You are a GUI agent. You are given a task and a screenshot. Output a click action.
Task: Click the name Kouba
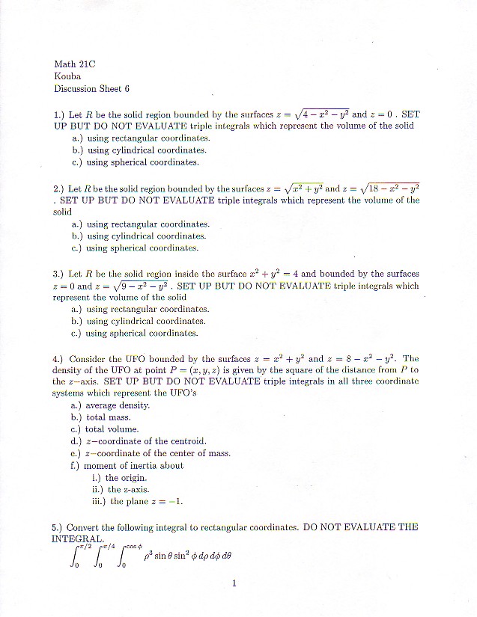68,76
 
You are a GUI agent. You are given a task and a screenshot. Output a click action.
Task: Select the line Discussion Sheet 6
92,88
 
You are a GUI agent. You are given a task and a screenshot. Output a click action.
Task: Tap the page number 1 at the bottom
234,583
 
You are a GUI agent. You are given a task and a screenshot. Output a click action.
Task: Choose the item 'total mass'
108,417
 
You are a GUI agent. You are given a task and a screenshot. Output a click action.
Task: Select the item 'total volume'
112,429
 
